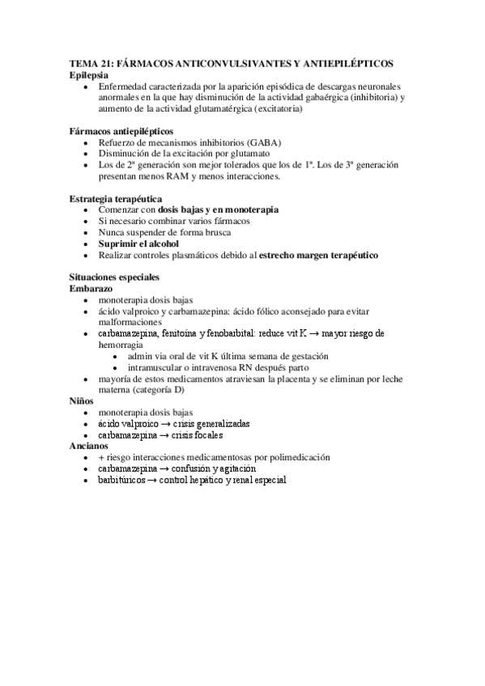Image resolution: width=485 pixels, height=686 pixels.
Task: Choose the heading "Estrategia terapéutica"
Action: [116, 198]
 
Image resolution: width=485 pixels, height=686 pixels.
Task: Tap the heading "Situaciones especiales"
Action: [114, 277]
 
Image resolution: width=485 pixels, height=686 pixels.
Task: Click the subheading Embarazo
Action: [91, 288]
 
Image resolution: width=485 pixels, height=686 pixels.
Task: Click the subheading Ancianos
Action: [89, 445]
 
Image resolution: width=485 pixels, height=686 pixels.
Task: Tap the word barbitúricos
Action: [125, 480]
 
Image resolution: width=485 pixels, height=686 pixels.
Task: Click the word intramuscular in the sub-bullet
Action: [157, 366]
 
